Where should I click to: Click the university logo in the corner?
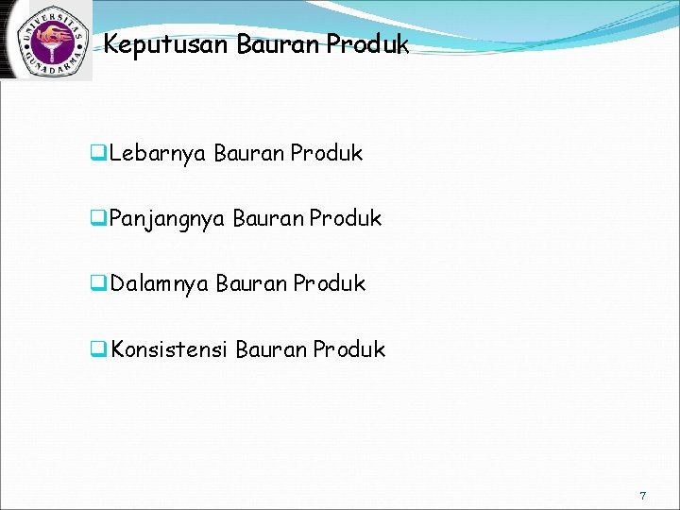[46, 41]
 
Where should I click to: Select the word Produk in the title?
[365, 44]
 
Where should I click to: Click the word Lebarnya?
[157, 154]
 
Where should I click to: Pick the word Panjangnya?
[167, 219]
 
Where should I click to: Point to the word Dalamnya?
[159, 284]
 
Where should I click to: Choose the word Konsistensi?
[169, 350]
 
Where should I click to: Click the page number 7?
[642, 496]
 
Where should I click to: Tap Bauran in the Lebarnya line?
[248, 154]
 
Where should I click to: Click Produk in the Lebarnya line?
[327, 154]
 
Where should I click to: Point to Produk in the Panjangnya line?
[346, 219]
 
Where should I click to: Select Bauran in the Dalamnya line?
[250, 284]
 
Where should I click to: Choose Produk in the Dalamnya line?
[329, 284]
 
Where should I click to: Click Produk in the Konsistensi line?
[349, 350]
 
